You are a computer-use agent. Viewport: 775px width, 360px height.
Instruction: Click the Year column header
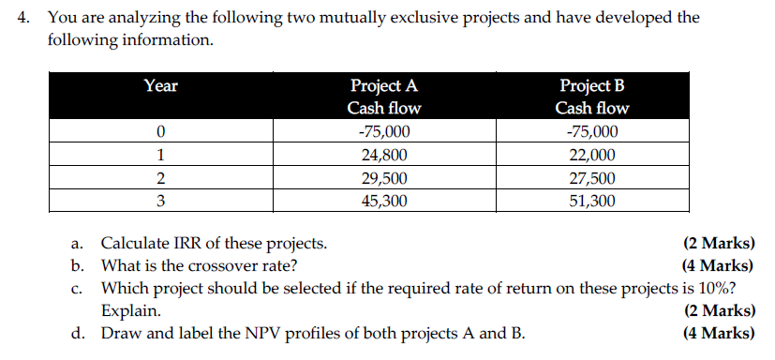(161, 86)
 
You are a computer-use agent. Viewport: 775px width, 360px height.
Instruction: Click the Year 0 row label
(161, 132)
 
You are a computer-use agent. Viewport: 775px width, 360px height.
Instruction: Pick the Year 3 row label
(161, 201)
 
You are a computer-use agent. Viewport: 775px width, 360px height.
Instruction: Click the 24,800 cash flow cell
(384, 156)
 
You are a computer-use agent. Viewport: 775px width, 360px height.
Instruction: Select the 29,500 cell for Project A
(384, 178)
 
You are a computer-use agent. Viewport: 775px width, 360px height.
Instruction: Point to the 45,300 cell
(384, 201)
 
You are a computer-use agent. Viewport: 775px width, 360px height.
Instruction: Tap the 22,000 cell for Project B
(592, 156)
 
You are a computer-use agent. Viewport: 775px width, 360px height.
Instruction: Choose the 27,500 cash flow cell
(592, 178)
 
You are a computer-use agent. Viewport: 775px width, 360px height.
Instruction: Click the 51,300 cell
(592, 201)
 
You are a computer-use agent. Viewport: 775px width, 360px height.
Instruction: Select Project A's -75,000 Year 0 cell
(384, 132)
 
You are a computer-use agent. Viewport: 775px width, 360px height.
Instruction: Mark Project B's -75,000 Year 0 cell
(592, 132)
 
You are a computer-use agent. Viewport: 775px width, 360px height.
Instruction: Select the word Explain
(130, 310)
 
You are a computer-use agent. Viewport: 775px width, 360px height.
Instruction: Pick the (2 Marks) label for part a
(720, 244)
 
